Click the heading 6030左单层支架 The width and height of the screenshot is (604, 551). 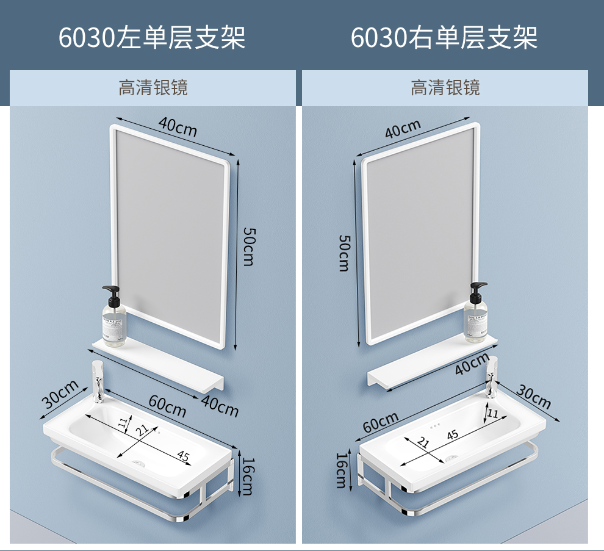coord(152,37)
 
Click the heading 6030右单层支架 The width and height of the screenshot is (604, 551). coord(444,37)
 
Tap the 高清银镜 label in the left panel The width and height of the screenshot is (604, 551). coord(153,88)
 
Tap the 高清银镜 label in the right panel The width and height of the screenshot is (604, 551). coord(445,88)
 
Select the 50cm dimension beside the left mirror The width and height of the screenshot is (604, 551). coord(248,246)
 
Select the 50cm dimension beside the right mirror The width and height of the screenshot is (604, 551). coord(343,252)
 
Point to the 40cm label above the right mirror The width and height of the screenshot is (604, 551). coord(403,129)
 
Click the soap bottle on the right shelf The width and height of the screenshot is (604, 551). coord(476,312)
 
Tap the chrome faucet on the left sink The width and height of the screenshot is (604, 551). coord(98,381)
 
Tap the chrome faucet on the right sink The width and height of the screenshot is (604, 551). coord(492,376)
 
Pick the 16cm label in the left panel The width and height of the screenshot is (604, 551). coord(246,476)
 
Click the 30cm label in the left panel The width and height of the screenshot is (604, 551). coord(60,394)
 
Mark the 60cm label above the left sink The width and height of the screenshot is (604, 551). coord(167,406)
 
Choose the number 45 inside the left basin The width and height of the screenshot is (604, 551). coord(184,455)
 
